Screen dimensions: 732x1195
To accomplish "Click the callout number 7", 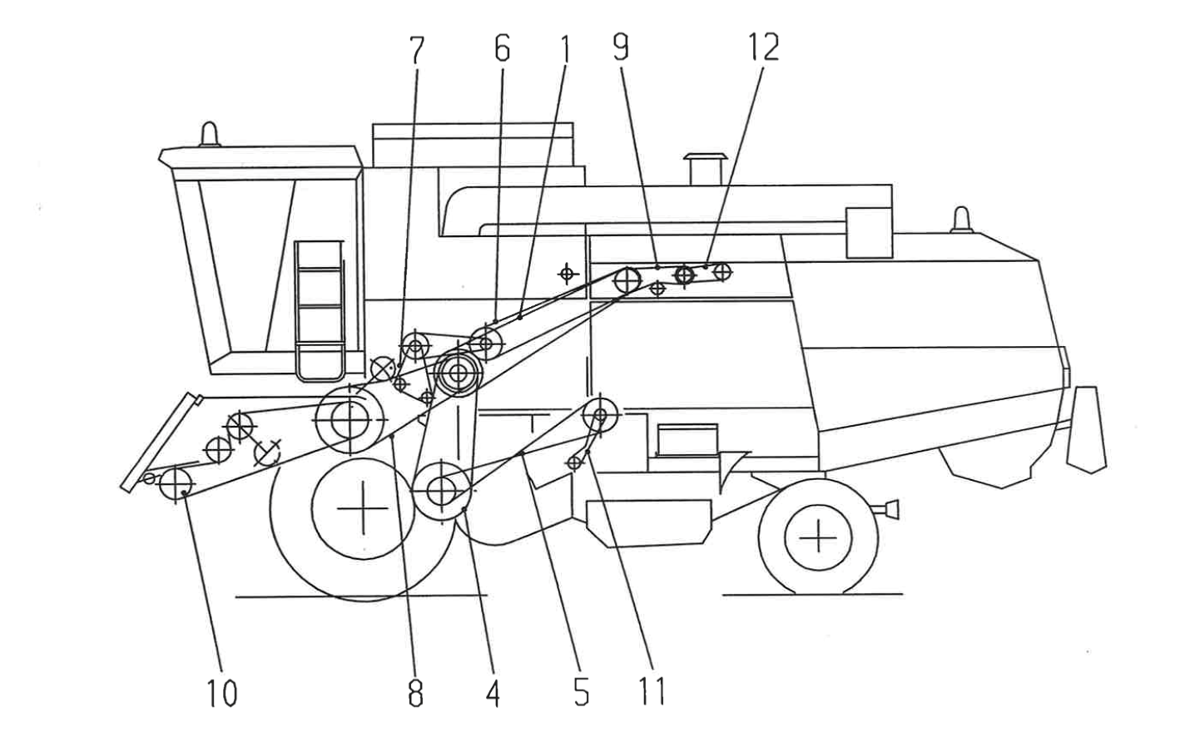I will [416, 50].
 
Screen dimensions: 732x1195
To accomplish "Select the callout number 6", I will [501, 49].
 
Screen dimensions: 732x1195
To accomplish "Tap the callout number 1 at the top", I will [564, 49].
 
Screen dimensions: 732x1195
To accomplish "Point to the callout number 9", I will [621, 47].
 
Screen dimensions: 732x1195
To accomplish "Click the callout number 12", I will [763, 47].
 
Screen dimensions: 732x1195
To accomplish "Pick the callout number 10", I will [221, 692].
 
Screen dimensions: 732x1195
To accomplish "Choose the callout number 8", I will [415, 692].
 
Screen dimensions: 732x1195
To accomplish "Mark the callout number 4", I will [493, 692].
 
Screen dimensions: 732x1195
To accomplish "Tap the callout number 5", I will [581, 692].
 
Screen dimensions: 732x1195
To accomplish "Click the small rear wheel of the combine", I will [819, 538].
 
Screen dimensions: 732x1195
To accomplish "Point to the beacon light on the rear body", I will [962, 219].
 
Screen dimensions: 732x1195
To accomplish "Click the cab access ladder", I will [319, 308].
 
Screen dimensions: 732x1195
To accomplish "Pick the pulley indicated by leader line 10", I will [176, 483].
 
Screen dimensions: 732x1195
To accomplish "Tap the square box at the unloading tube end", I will [868, 231].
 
